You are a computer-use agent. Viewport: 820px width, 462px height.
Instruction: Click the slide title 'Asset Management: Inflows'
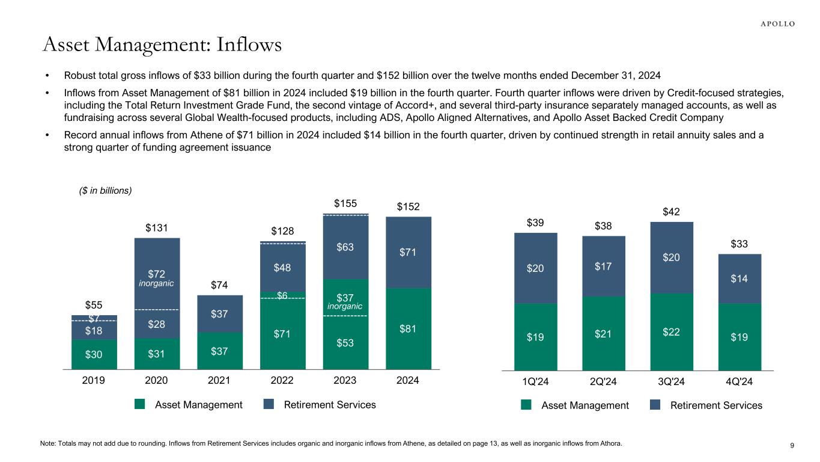click(162, 45)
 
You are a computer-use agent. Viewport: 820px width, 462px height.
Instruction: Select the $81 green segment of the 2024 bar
click(408, 329)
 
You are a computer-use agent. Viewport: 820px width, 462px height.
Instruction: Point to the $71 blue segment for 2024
click(408, 253)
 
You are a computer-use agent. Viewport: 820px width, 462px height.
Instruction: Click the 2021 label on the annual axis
click(219, 381)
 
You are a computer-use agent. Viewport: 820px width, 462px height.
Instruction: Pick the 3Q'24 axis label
click(672, 381)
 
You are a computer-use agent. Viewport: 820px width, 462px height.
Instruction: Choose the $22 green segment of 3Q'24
click(672, 331)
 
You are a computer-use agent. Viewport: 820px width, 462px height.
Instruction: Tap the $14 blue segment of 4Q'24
click(740, 279)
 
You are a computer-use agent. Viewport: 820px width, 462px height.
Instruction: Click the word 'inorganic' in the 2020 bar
click(157, 283)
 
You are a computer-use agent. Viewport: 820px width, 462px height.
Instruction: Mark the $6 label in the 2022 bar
click(282, 295)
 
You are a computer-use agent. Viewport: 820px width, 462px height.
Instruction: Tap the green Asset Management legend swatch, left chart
click(140, 405)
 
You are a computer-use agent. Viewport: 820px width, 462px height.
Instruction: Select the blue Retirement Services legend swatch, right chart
click(655, 405)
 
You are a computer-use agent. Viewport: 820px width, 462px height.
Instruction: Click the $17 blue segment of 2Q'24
click(604, 266)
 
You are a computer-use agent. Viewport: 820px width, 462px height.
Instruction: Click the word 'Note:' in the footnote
click(49, 444)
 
